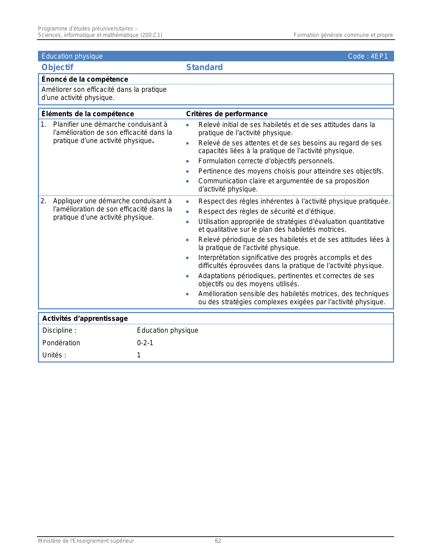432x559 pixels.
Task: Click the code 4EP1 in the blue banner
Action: click(379, 56)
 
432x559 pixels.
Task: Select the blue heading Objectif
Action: click(57, 67)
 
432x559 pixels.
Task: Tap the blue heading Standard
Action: click(204, 67)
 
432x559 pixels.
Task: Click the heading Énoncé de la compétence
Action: click(85, 79)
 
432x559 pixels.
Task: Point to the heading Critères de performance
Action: click(227, 114)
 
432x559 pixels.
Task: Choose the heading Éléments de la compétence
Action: click(87, 114)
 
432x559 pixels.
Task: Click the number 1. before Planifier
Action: click(43, 125)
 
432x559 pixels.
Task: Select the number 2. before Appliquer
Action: click(43, 201)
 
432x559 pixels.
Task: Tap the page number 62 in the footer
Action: click(218, 541)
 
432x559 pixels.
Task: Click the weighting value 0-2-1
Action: click(145, 343)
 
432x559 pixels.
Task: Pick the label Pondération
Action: click(61, 343)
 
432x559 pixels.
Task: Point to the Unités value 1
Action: click(139, 355)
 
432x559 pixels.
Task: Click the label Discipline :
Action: click(59, 331)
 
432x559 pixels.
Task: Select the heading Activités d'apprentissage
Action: click(85, 318)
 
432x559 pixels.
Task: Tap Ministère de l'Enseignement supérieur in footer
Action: click(86, 541)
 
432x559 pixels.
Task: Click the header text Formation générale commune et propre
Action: click(343, 35)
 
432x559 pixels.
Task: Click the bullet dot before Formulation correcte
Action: click(187, 162)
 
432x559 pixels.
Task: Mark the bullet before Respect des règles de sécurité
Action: click(187, 212)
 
